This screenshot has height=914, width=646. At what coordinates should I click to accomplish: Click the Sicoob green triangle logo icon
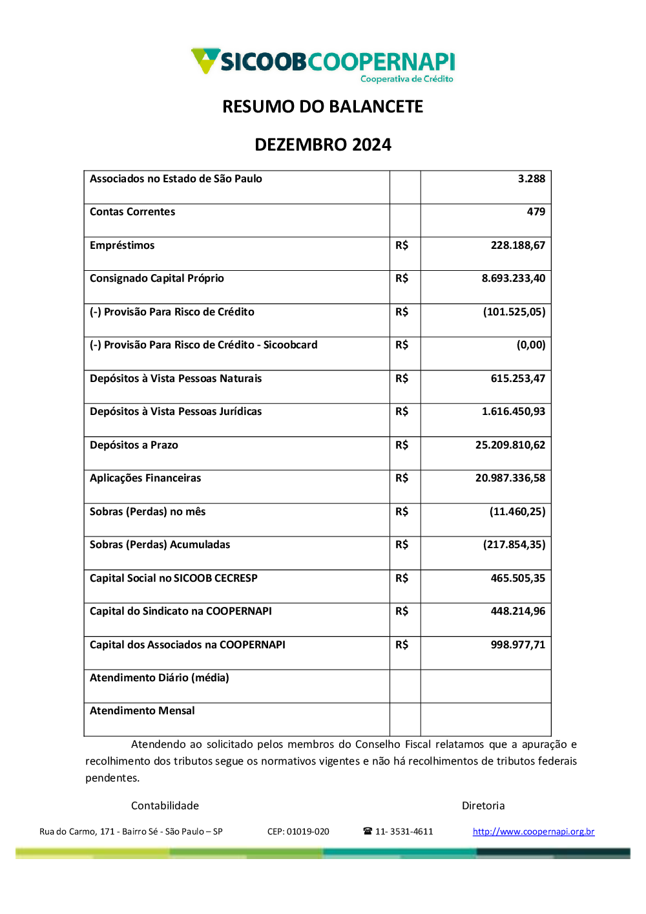tap(205, 60)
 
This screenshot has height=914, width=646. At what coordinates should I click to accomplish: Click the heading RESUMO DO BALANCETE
tap(322, 107)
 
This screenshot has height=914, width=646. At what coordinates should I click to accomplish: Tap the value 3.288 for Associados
tap(531, 179)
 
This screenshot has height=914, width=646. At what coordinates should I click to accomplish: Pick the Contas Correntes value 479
tap(536, 212)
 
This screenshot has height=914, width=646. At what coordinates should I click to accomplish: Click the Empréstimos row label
tap(122, 246)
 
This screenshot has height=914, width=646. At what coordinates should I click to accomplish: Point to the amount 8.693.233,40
tap(513, 279)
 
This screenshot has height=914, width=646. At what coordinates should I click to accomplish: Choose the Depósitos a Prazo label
tap(134, 445)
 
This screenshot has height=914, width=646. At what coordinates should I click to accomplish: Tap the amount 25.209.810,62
tap(510, 445)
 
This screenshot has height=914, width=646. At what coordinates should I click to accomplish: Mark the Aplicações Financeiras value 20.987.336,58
tap(510, 478)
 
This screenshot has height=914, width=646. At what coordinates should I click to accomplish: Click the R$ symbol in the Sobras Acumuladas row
tap(402, 545)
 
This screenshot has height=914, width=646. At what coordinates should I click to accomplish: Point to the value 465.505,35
tap(517, 579)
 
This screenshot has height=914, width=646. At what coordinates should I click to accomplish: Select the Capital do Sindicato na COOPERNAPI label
tap(181, 611)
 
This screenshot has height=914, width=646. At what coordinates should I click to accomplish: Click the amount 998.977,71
tap(517, 645)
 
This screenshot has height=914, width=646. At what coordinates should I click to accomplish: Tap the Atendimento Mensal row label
tap(142, 711)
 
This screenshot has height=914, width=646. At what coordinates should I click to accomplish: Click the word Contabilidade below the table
tap(165, 806)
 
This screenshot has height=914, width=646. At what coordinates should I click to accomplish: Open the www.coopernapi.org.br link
tap(534, 832)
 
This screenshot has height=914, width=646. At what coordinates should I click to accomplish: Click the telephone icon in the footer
tap(368, 831)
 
